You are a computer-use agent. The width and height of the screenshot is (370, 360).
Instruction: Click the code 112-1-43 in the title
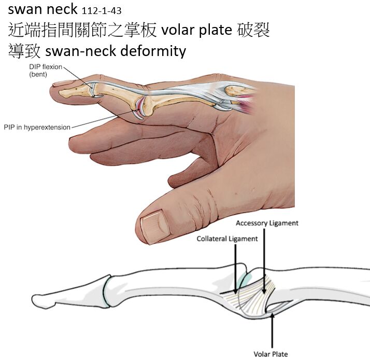coord(102,11)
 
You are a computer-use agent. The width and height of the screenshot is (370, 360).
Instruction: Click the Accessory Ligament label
coord(267,223)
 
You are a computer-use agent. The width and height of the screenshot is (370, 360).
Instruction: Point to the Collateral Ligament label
coord(227,239)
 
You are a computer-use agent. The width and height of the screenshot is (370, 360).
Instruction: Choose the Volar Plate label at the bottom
coord(270,354)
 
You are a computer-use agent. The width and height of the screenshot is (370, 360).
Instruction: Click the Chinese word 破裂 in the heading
coord(252,30)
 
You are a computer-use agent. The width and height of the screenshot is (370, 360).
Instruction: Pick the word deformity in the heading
coord(159,51)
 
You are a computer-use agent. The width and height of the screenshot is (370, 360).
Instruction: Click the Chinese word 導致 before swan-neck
coord(25,51)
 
